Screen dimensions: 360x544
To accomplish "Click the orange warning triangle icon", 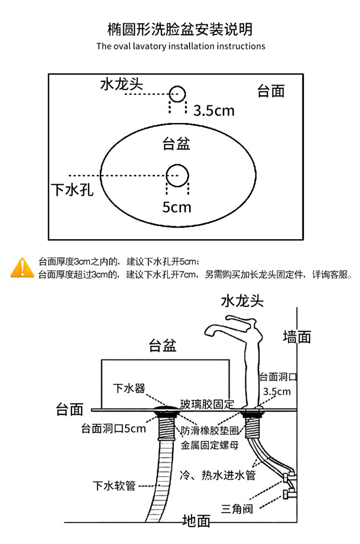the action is tap(22, 267).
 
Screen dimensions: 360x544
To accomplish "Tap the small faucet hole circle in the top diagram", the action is tap(177, 94).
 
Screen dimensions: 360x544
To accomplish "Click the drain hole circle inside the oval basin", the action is tap(177, 175).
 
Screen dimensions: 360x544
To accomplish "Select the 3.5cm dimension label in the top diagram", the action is tap(214, 111).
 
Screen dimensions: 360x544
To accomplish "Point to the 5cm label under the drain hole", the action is tap(177, 207).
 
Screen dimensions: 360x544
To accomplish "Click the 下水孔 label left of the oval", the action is tap(72, 189).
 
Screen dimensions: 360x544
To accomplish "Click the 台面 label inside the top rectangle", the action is tap(271, 91).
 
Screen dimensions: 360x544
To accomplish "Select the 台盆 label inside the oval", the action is tap(177, 143).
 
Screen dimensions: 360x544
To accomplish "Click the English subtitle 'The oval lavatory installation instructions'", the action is tap(180, 47).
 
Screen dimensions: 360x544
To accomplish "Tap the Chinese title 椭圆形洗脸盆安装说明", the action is tap(180, 29).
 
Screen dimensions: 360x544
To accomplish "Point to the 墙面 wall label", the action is tap(297, 337).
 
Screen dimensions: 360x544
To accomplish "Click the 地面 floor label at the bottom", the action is tap(196, 520).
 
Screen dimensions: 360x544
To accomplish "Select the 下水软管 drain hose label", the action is tap(114, 485).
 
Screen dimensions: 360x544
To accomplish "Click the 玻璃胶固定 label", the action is tap(207, 403).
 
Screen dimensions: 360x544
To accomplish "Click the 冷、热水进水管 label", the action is tap(217, 475).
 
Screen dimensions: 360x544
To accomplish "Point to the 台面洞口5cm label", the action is tap(113, 429).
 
